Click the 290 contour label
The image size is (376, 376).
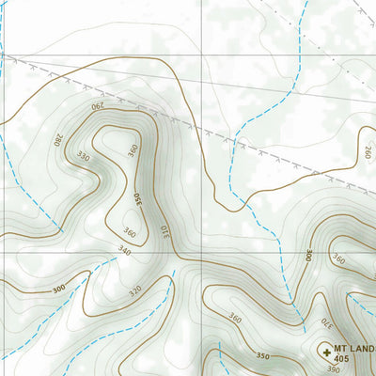pos(100,108)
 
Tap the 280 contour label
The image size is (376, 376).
pos(58,140)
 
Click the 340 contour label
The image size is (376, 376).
pos(123,250)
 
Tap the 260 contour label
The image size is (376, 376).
pos(368,151)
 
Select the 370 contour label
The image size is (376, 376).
pos(325,322)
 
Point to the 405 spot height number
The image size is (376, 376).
pos(341,360)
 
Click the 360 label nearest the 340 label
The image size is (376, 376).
pos(129,232)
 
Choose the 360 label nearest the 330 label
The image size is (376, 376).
pos(133,149)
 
